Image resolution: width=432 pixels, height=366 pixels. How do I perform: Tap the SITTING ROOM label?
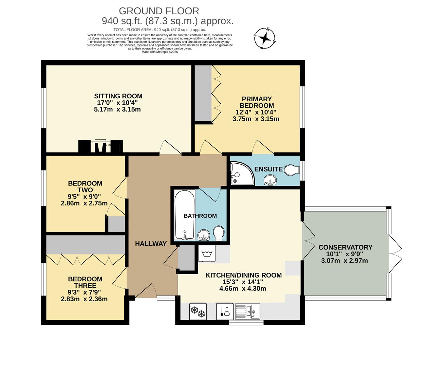tap(118, 96)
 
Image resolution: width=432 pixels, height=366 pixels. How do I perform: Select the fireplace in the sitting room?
tap(100, 146)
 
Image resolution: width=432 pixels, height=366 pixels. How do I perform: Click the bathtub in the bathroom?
tap(184, 215)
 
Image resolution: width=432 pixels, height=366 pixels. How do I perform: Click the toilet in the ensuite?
tap(291, 170)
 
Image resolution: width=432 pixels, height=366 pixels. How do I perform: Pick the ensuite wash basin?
tap(270, 180)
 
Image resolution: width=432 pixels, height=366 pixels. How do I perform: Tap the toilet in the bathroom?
tap(219, 233)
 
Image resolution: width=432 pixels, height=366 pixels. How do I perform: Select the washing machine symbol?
tap(207, 254)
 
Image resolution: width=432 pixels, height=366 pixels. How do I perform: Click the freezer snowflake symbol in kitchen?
tap(197, 311)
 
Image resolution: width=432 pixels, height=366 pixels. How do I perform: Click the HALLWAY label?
tap(151, 244)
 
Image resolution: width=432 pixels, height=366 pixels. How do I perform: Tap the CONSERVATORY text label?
tap(345, 247)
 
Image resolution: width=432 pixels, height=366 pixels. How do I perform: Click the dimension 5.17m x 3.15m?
tap(117, 109)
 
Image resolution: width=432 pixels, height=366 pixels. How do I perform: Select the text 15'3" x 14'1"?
tap(243, 282)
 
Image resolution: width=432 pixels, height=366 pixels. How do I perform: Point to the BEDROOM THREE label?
tap(85, 282)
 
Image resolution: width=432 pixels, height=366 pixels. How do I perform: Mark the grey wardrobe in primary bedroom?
tap(203, 92)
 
